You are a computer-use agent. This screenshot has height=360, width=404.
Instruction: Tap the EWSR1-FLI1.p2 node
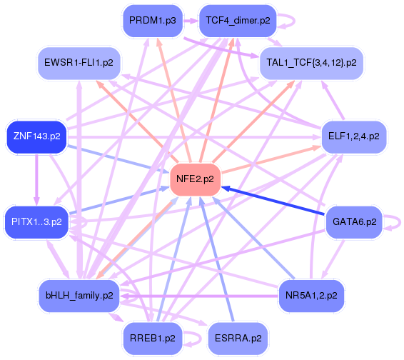(x=79, y=63)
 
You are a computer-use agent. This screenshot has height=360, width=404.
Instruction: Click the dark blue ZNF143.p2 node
(x=36, y=135)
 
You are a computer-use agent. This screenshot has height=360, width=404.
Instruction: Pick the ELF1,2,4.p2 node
(x=353, y=135)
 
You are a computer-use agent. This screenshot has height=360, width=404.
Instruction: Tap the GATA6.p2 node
(x=353, y=221)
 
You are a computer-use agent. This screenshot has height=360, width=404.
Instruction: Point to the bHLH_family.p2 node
(x=79, y=294)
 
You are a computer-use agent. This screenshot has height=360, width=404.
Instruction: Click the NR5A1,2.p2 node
(x=310, y=294)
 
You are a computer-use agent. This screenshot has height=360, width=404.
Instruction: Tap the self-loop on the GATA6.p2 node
(x=398, y=222)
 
